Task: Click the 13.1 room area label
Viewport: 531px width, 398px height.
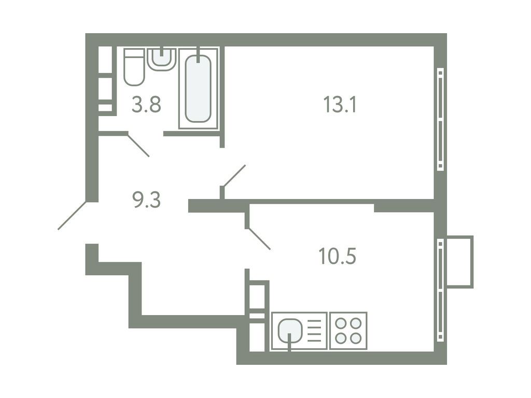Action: (x=341, y=106)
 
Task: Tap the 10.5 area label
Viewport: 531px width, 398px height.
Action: (x=338, y=256)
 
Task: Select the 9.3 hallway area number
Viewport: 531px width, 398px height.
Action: (x=147, y=199)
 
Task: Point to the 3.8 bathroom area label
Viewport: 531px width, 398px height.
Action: (x=146, y=105)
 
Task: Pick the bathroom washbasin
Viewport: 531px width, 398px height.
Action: (x=162, y=58)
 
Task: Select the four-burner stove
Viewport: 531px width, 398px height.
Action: (x=348, y=331)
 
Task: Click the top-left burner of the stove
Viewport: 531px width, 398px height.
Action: (x=341, y=323)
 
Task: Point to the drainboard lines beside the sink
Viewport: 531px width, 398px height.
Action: (x=315, y=331)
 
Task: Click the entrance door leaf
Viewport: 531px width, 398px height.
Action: (x=73, y=215)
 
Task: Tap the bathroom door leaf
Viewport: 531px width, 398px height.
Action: (x=138, y=146)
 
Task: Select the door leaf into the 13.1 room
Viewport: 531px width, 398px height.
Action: (x=233, y=176)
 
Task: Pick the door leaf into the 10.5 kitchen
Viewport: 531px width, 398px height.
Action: (x=258, y=239)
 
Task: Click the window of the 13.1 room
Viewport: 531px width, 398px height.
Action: (x=440, y=119)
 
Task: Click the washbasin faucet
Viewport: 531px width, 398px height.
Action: (x=162, y=52)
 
